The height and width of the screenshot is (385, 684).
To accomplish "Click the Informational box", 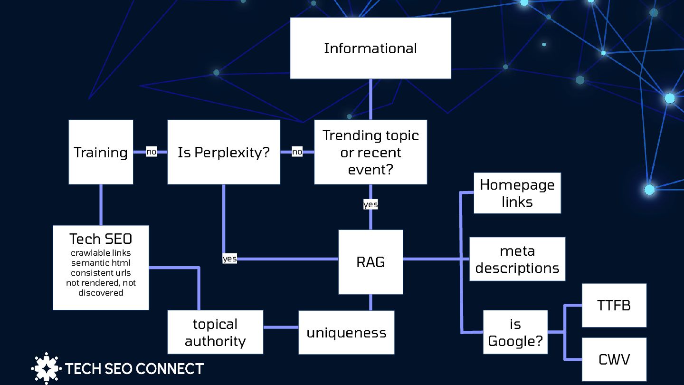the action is pos(370,48).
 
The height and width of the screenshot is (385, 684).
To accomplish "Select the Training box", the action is pos(101,152).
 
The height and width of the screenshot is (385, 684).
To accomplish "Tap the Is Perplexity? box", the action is pos(223,152).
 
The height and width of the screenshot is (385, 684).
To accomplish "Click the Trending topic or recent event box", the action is pos(370,152).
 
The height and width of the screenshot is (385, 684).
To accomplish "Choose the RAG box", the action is pos(370,262).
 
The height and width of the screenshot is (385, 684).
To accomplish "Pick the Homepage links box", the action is pos(517,193).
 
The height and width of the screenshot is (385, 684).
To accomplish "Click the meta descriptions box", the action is pos(517,259).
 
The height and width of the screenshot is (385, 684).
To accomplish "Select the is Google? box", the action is pos(515,332).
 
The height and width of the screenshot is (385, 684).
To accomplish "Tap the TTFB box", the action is pos(614,305).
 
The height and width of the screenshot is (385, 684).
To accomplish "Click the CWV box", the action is pos(614,359).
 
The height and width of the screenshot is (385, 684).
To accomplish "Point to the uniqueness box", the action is pos(346,332).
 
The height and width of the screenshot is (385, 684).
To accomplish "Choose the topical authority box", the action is pos(215,332).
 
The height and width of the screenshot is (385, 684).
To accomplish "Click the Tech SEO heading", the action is pos(101,239).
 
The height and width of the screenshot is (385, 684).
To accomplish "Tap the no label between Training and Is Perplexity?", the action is pos(151,152).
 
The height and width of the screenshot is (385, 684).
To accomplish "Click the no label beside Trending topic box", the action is pos(297,152).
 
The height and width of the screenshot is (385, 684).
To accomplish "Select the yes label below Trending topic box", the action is pos(370,204).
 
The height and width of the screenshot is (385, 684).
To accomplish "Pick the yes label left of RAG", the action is pos(229,259).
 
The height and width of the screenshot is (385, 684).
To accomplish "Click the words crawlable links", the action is pos(101,253).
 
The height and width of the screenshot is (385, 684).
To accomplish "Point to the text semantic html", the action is pos(101,263).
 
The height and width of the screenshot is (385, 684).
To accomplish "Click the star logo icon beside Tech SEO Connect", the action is pos(46,368).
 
